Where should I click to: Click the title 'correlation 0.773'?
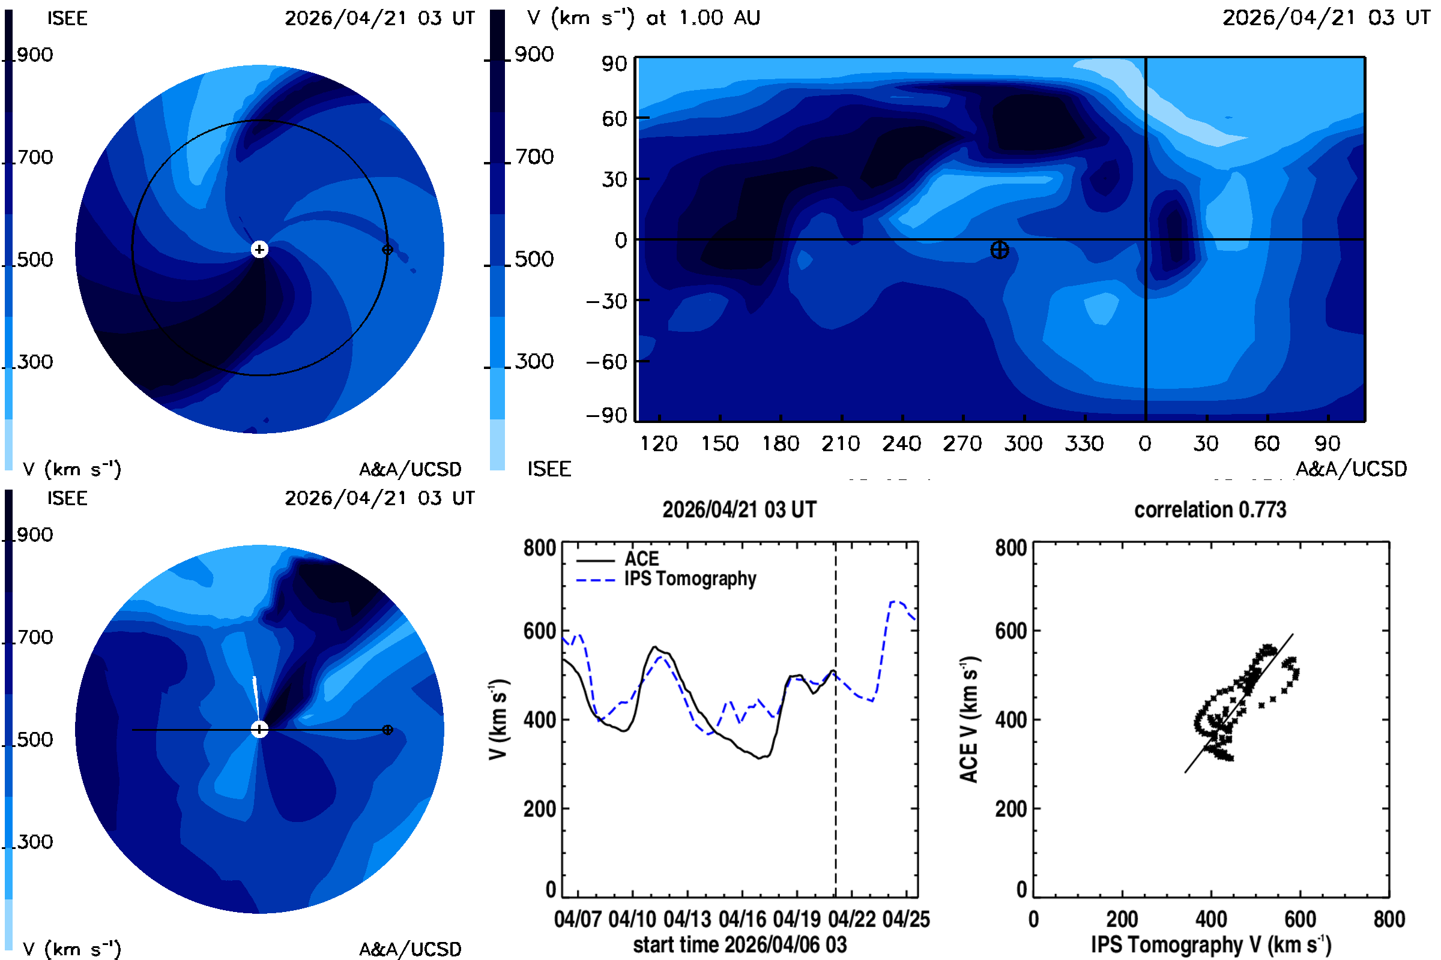click(1209, 509)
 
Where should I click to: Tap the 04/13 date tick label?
click(687, 919)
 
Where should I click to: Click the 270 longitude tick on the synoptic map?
click(962, 443)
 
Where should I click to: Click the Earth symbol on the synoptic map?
click(999, 250)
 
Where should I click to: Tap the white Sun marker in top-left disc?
click(260, 249)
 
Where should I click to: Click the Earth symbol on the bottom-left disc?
click(387, 730)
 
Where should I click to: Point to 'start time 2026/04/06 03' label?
click(740, 944)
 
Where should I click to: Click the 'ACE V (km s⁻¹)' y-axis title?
click(970, 719)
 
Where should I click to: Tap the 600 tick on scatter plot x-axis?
click(1300, 919)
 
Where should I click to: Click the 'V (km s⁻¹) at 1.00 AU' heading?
click(643, 18)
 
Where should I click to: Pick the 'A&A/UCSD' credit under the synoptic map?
click(1351, 469)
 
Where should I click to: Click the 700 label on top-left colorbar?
click(35, 157)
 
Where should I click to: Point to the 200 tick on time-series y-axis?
click(539, 809)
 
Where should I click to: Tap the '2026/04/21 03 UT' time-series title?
click(740, 509)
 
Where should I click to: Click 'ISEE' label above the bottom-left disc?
click(67, 499)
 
